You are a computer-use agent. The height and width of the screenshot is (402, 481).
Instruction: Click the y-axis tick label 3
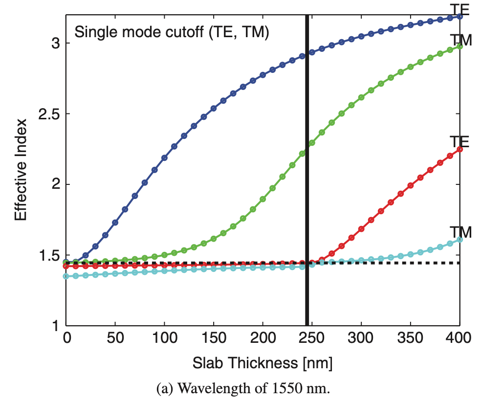point(54,44)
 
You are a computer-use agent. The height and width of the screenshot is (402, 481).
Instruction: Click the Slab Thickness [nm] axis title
point(263,363)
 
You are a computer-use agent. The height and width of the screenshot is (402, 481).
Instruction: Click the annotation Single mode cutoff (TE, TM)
point(172,33)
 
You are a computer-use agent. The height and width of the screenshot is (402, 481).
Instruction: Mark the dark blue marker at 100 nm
point(164,158)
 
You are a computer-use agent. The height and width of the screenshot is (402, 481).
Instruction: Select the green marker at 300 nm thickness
point(361,97)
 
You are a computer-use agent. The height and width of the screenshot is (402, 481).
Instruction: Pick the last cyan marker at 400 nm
point(459,240)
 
